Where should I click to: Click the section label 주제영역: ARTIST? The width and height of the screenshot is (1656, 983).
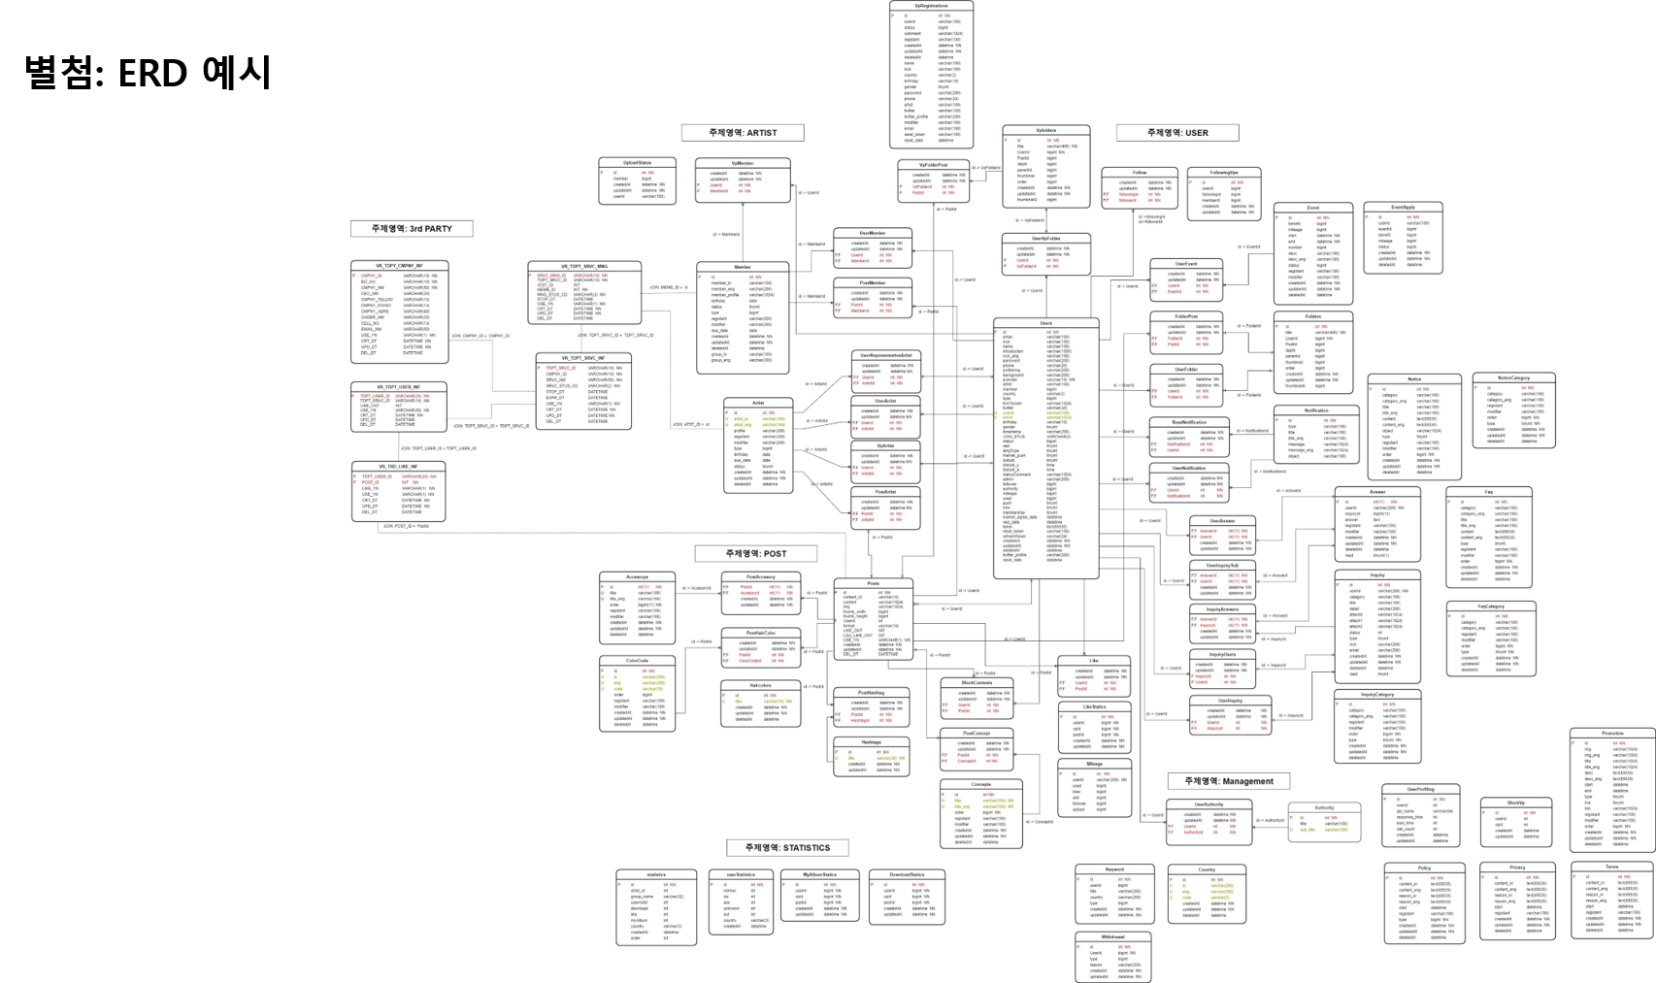tap(743, 133)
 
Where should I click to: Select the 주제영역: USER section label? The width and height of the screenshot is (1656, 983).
tap(1177, 133)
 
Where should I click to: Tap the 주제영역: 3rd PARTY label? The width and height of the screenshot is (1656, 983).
tap(412, 229)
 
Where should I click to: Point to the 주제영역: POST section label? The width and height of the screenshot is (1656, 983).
tap(756, 554)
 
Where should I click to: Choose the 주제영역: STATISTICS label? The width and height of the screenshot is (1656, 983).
tap(787, 848)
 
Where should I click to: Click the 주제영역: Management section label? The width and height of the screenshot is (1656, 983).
tap(1228, 781)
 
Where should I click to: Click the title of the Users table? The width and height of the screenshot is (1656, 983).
tap(1045, 323)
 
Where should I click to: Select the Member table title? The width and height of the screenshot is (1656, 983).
tap(743, 267)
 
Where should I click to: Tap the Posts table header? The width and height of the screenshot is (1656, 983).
tap(874, 583)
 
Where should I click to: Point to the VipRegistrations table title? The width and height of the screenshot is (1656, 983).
tap(931, 6)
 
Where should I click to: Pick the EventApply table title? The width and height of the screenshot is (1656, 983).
tap(1403, 208)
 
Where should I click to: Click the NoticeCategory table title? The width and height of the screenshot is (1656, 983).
tap(1513, 377)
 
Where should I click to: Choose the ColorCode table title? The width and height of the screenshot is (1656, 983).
tap(637, 661)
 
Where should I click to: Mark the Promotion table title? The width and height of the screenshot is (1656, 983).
tap(1612, 734)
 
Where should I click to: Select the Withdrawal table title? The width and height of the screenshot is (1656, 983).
tap(1113, 937)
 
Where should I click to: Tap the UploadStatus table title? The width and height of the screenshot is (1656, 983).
tap(637, 163)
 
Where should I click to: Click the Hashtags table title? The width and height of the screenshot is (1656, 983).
tap(871, 742)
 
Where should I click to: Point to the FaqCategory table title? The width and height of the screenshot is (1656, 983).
tap(1491, 606)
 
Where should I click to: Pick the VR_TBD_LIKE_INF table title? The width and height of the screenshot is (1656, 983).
tap(398, 467)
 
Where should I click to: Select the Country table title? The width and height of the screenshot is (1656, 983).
tap(1207, 870)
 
